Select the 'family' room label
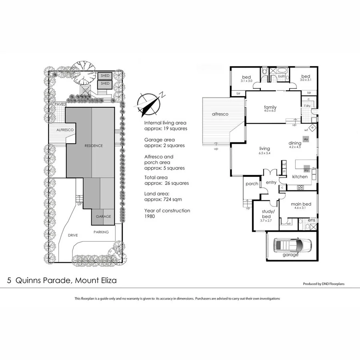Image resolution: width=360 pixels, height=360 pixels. [x=270, y=107]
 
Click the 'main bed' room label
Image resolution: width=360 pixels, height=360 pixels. [x=298, y=204]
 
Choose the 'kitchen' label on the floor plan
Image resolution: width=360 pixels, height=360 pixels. [x=300, y=176]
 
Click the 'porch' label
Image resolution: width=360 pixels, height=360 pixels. [x=252, y=184]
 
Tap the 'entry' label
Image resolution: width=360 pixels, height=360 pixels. [x=271, y=182]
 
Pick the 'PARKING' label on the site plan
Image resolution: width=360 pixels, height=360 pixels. [x=101, y=232]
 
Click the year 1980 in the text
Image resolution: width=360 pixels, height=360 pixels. [x=150, y=216]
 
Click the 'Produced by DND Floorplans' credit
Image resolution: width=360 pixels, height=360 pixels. [x=324, y=284]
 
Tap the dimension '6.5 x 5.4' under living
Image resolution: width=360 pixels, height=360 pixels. [x=265, y=153]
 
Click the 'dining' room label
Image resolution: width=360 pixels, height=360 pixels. [x=295, y=143]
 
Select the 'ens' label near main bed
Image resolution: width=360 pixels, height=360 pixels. [x=311, y=220]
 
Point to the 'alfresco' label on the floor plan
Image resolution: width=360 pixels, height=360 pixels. [x=220, y=114]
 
